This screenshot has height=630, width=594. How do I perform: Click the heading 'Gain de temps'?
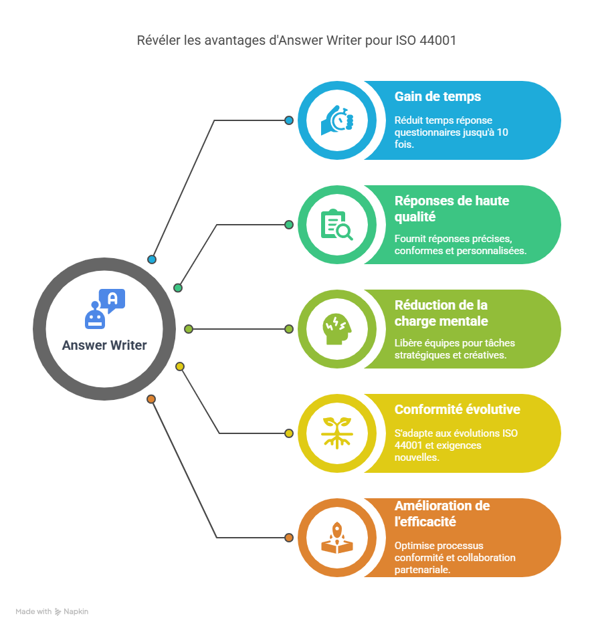(x=437, y=96)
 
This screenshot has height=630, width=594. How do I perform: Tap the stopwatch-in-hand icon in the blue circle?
(x=336, y=120)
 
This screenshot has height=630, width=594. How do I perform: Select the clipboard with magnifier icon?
(x=336, y=225)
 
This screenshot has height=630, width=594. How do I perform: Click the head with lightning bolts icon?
(x=336, y=329)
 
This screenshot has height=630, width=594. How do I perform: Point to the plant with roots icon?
(x=336, y=433)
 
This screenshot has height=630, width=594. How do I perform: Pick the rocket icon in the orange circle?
(x=336, y=538)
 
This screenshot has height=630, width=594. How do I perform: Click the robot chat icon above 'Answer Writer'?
(x=105, y=309)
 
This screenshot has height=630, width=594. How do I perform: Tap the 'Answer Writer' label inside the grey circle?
(x=104, y=346)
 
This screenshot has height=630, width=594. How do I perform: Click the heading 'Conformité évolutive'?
(x=457, y=409)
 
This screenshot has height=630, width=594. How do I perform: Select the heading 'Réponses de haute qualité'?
(x=452, y=209)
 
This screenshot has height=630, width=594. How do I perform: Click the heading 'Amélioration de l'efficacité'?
(x=442, y=514)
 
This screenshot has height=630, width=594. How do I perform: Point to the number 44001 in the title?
(x=437, y=41)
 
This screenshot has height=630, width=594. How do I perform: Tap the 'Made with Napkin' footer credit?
(x=52, y=611)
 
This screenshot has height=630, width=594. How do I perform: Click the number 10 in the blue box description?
(x=502, y=132)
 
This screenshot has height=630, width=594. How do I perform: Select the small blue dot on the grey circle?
(x=152, y=259)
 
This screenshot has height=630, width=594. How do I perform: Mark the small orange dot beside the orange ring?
(x=289, y=538)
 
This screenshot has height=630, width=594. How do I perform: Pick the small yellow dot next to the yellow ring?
(x=289, y=433)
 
